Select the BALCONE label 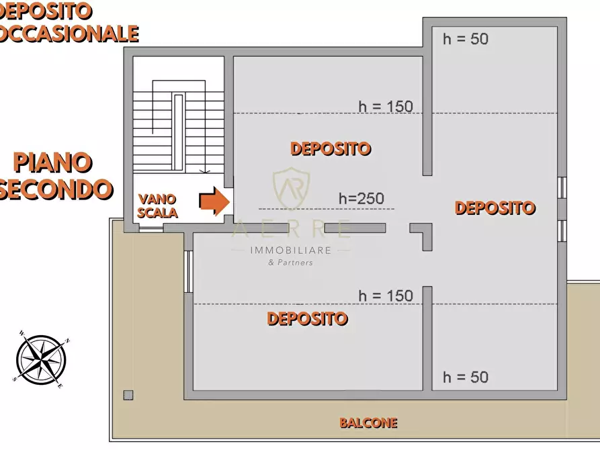[368, 423]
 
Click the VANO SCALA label [158, 206]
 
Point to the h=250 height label [361, 198]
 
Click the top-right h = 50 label [465, 39]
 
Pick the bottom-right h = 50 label [465, 377]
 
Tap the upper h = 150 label [386, 106]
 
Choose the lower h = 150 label [386, 296]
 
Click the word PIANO [52, 162]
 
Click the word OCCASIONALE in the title [69, 33]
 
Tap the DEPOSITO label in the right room [495, 208]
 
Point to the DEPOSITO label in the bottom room [307, 318]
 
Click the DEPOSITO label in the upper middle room [331, 148]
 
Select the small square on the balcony [128, 394]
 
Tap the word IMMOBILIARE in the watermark [291, 250]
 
